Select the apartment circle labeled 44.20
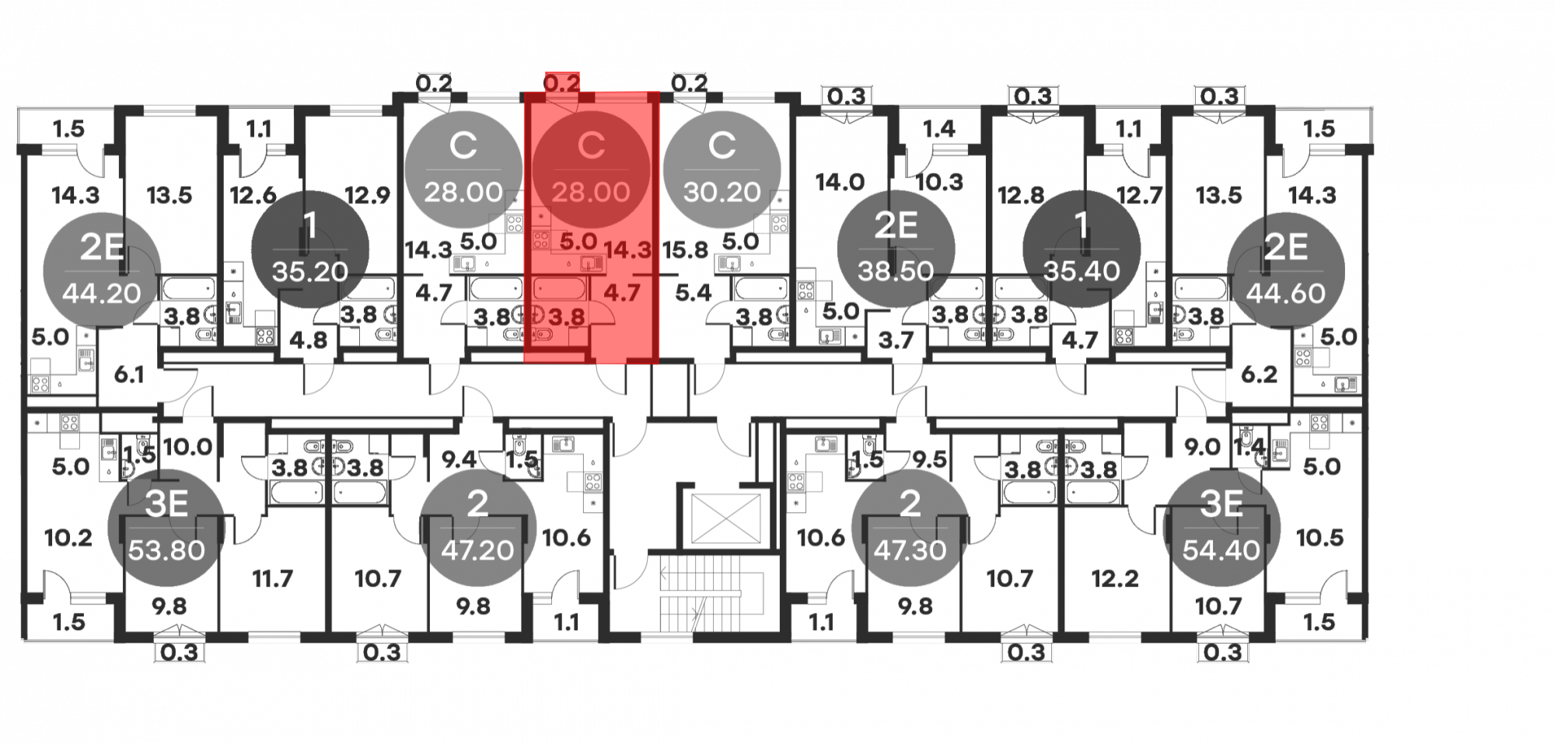click(102, 270)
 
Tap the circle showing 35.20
click(309, 249)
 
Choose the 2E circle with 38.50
click(896, 249)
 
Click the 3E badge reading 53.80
click(166, 527)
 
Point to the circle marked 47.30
click(910, 527)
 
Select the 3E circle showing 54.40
click(1221, 527)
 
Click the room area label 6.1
click(129, 375)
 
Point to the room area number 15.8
click(685, 250)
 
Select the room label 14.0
click(840, 182)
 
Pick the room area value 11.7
click(272, 578)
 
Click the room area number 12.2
click(1115, 578)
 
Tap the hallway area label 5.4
click(693, 293)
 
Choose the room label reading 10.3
click(939, 182)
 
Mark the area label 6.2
click(1259, 375)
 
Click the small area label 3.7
click(896, 340)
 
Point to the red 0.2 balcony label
click(561, 82)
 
